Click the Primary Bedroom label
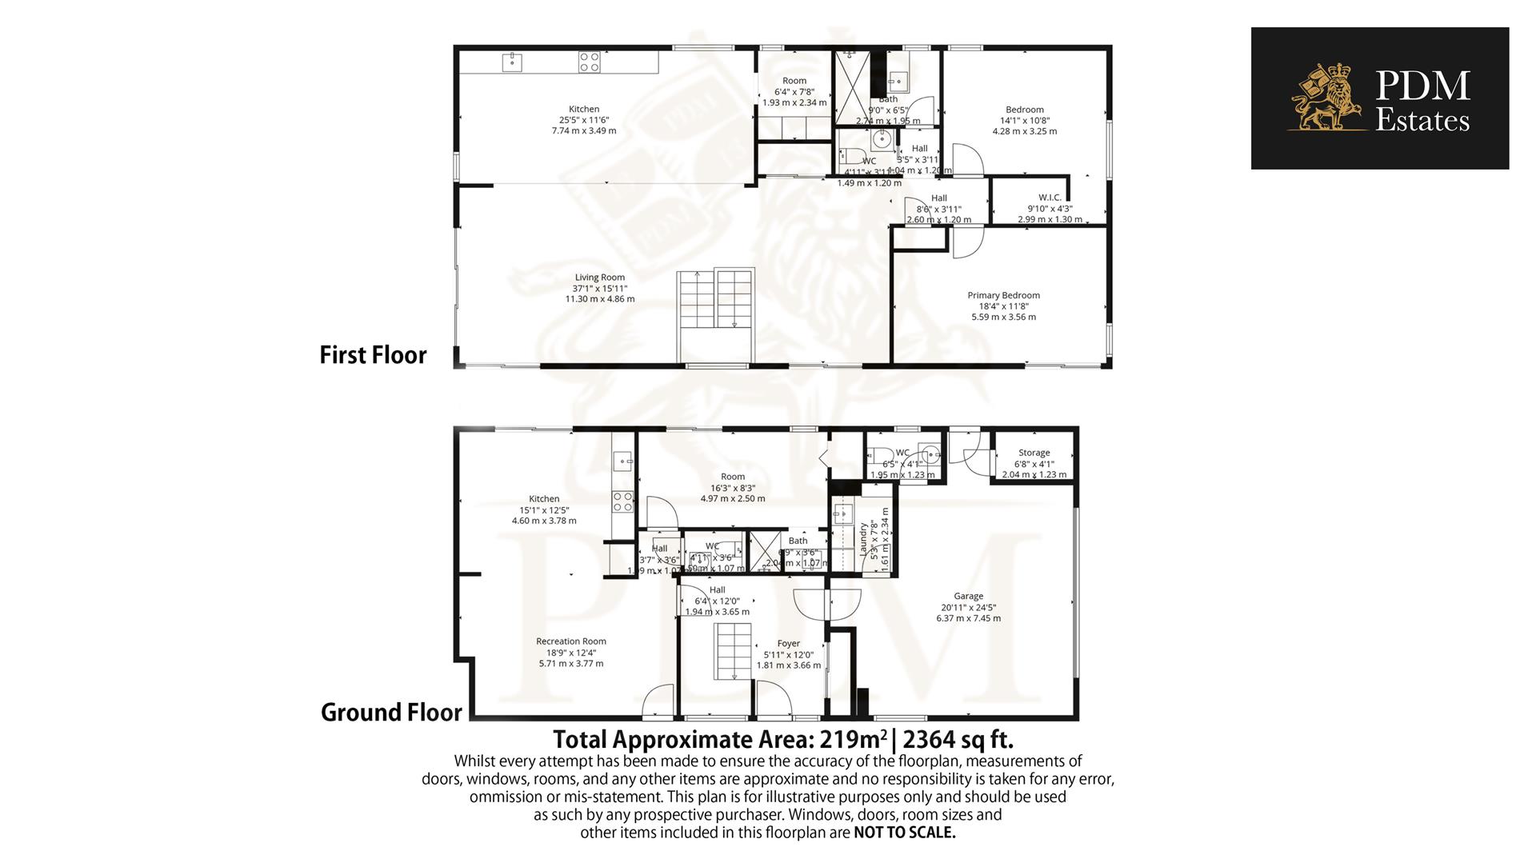point(1003,295)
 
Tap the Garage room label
point(968,596)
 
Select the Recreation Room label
point(571,641)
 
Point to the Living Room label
point(600,278)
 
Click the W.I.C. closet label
point(1050,198)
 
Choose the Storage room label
point(1034,453)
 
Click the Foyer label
point(788,643)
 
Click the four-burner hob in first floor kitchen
point(590,62)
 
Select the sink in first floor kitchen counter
point(512,62)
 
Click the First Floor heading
point(373,355)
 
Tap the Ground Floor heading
point(391,712)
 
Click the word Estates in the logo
point(1422,122)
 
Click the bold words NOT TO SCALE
point(904,833)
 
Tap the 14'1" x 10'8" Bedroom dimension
point(1025,121)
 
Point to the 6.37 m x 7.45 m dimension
point(968,617)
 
